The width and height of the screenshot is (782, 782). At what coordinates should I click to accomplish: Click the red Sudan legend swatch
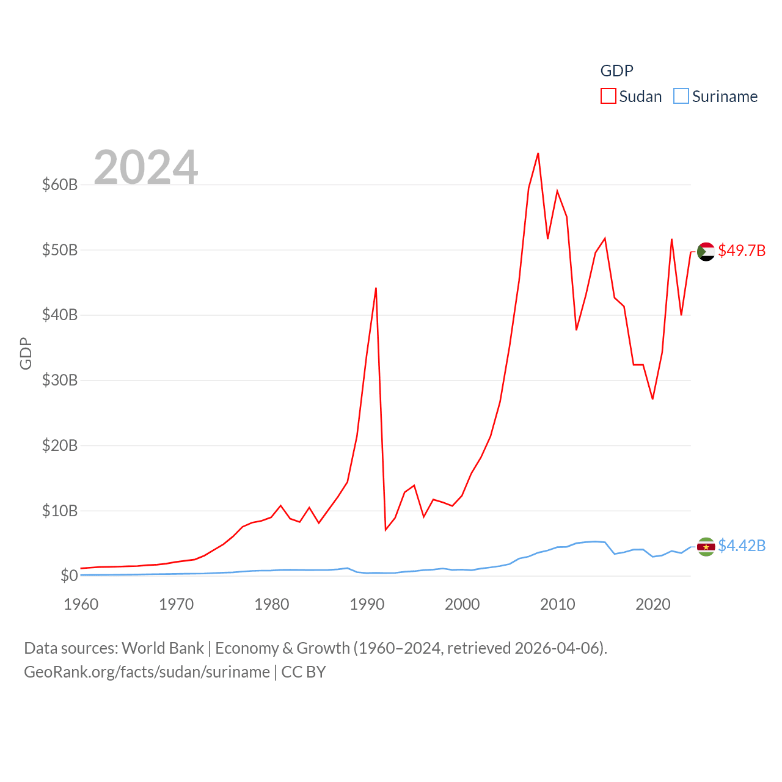608,97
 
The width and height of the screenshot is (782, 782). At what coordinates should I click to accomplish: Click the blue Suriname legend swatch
681,97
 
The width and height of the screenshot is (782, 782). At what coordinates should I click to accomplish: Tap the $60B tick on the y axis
60,185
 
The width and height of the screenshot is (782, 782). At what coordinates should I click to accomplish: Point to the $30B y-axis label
60,380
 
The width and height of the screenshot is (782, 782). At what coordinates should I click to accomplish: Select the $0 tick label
69,576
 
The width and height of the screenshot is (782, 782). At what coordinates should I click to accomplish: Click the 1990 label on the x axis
367,604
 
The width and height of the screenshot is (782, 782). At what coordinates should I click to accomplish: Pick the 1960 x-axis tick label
81,604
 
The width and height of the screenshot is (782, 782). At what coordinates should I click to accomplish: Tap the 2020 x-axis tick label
653,604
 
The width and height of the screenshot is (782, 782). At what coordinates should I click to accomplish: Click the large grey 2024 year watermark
146,167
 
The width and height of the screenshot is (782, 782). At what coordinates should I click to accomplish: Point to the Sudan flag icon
706,251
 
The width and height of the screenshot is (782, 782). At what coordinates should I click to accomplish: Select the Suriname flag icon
706,546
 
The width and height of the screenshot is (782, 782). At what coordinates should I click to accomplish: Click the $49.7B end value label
742,251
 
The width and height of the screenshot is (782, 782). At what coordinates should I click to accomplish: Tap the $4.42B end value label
742,546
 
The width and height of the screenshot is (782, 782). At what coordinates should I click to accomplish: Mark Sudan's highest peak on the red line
538,153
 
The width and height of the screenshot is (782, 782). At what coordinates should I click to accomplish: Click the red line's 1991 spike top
376,288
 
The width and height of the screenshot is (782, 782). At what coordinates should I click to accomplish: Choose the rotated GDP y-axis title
26,353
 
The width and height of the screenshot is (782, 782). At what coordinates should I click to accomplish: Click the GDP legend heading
617,71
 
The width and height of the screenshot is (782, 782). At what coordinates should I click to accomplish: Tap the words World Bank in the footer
163,648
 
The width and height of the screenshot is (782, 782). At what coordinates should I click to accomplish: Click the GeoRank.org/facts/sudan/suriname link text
147,672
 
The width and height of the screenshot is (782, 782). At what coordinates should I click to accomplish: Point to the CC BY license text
304,672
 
